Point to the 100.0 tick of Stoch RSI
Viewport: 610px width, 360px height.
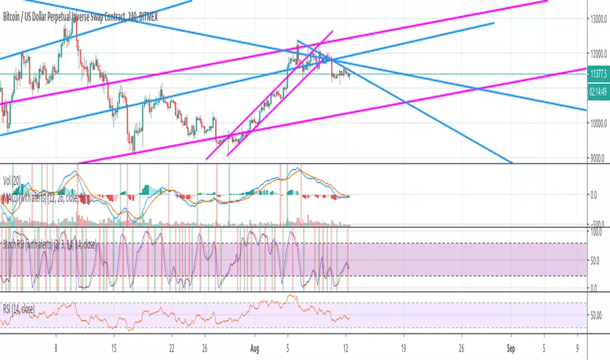coord(597,232)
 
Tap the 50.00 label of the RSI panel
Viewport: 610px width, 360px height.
coord(597,315)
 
